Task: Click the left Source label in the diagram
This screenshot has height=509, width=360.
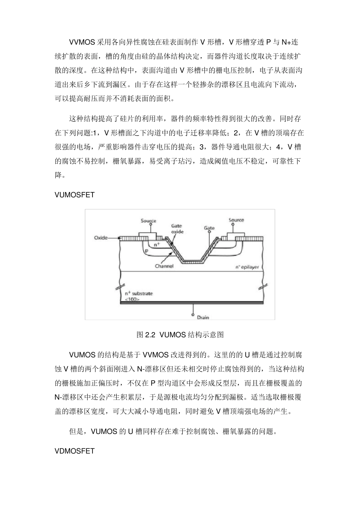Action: point(149,221)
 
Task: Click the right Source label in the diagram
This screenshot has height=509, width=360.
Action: point(236,220)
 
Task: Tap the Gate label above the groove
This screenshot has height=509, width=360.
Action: point(209,228)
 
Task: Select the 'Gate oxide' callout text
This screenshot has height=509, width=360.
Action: point(177,229)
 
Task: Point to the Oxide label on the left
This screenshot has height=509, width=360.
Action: point(100,238)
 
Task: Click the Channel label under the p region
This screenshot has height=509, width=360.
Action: point(164,266)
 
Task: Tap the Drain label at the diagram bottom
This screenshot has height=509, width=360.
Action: point(202,317)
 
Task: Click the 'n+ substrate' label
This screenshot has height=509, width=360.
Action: point(139,294)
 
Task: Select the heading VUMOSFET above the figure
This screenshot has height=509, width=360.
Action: point(74,195)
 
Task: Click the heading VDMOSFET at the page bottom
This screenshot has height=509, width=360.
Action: point(74,451)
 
